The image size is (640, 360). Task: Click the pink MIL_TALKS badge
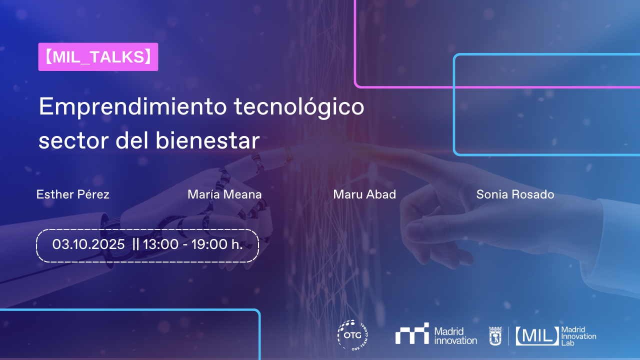coord(98,57)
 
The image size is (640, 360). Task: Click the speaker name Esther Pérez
coord(73,194)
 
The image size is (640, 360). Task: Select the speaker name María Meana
coord(224,194)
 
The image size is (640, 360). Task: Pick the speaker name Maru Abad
coord(364,194)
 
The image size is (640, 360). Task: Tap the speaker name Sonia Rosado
coord(515,194)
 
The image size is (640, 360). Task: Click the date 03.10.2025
coord(88,244)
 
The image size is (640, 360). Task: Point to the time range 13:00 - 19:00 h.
coord(193,244)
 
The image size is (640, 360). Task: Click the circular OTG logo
coord(353,334)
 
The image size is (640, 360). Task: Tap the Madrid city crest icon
coord(495,335)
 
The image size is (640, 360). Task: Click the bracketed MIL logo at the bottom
coord(537,335)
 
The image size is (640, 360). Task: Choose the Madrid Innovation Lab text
coord(578,336)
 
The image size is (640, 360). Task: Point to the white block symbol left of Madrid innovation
coord(412,333)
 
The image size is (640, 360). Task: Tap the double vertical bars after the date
coord(136,244)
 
